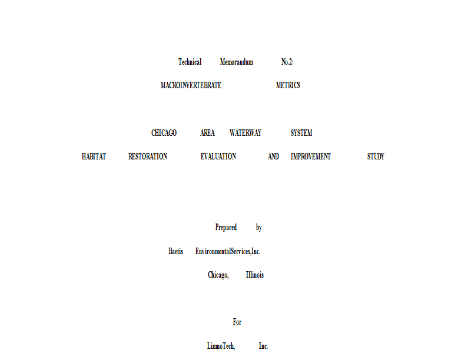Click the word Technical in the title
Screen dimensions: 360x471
(190, 62)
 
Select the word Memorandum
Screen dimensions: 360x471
(236, 62)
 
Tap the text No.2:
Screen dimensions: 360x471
(287, 62)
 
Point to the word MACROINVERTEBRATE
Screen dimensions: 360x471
(191, 85)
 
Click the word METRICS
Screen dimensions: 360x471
(288, 85)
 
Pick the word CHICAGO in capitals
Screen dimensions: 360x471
(164, 133)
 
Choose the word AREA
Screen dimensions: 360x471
(207, 133)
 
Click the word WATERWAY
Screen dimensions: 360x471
(246, 133)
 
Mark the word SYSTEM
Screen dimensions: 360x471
(301, 133)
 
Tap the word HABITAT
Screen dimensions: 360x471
(94, 156)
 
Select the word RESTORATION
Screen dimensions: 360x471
(147, 156)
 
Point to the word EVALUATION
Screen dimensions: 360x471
(218, 156)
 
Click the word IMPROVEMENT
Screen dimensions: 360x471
(310, 156)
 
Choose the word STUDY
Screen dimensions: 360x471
(376, 156)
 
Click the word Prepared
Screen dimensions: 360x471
(226, 227)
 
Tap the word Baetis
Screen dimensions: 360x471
(175, 251)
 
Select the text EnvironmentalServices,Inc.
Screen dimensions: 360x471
(228, 251)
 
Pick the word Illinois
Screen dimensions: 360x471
(254, 275)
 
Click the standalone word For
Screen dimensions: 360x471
(237, 322)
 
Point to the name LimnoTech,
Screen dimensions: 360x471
(221, 346)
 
